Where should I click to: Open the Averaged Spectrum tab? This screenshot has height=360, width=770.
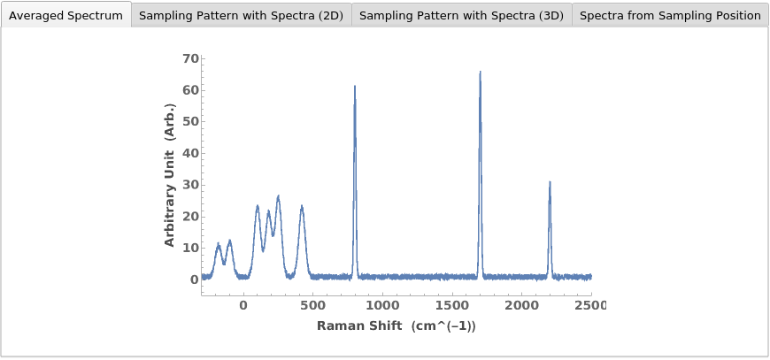pyautogui.click(x=65, y=15)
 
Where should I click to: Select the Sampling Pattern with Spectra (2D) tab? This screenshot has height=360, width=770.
pyautogui.click(x=241, y=15)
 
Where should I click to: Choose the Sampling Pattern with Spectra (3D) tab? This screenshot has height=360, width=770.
pyautogui.click(x=461, y=15)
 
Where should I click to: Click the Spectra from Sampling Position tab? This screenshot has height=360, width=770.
pyautogui.click(x=670, y=15)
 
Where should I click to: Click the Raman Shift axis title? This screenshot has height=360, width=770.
pyautogui.click(x=397, y=326)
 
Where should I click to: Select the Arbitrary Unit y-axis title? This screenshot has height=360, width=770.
pyautogui.click(x=170, y=174)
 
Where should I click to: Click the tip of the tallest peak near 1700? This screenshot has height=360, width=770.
pyautogui.click(x=480, y=72)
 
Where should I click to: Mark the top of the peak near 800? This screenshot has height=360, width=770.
pyautogui.click(x=355, y=86)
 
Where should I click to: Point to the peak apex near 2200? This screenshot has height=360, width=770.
pyautogui.click(x=550, y=182)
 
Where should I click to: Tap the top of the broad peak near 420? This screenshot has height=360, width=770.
pyautogui.click(x=302, y=206)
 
